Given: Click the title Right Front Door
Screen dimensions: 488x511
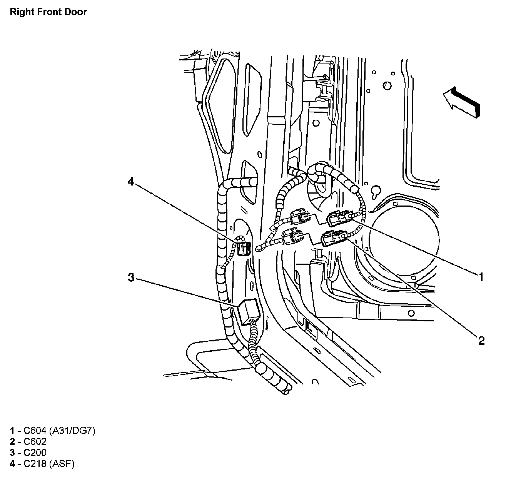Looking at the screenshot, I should [x=48, y=12].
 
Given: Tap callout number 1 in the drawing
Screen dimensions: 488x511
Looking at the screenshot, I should [x=481, y=276].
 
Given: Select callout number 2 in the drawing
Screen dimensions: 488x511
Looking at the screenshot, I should [x=481, y=340].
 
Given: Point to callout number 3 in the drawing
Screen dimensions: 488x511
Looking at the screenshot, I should [x=132, y=277].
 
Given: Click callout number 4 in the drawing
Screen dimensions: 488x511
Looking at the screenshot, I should [x=131, y=181].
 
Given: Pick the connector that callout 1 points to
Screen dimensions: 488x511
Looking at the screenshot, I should [x=338, y=219].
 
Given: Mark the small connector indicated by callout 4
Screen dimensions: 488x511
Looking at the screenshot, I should [x=244, y=248].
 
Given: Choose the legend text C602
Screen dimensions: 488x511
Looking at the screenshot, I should [x=35, y=441].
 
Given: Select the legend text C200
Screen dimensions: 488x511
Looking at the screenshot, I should [x=35, y=453].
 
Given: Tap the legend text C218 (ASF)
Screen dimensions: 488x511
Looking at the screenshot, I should [x=49, y=464].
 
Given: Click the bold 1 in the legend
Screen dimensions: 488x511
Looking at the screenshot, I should [x=12, y=430].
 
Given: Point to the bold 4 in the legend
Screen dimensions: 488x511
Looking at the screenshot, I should [x=12, y=464].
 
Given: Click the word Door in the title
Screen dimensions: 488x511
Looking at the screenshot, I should [x=77, y=12].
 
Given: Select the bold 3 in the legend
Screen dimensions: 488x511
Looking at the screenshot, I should [x=12, y=453].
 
